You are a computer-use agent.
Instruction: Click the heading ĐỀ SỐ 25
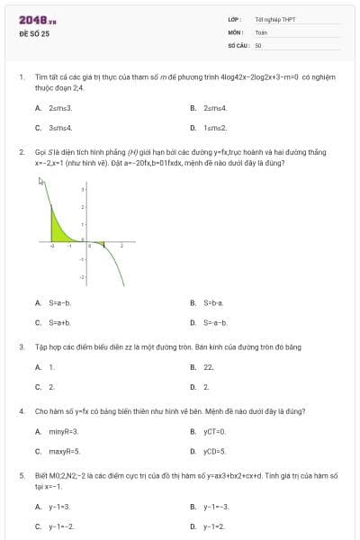click(x=34, y=33)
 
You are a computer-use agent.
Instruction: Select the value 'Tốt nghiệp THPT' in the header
click(x=275, y=19)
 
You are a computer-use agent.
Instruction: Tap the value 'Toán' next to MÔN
click(x=261, y=31)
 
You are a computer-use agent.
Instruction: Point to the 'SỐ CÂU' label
click(x=237, y=44)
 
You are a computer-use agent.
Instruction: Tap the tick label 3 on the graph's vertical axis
click(x=83, y=190)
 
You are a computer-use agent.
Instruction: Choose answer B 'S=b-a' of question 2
click(x=213, y=302)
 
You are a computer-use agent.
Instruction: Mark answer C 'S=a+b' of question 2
click(x=59, y=322)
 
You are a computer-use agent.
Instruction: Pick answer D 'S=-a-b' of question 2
click(x=215, y=322)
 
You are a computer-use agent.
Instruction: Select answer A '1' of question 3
click(x=51, y=366)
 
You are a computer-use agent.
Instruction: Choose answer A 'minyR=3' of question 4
click(x=64, y=431)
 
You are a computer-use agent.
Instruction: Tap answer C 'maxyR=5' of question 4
click(x=64, y=451)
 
